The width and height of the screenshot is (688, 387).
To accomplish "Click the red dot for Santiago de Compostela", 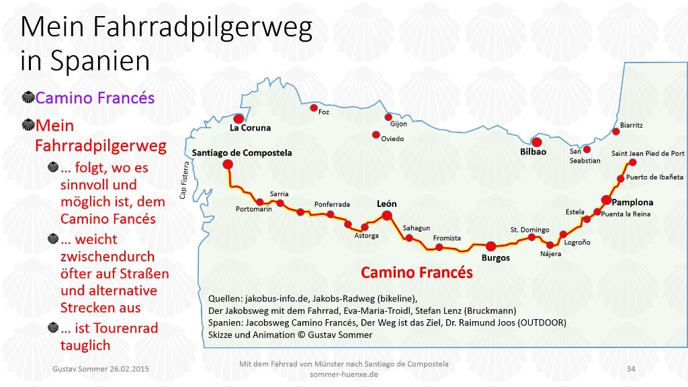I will tap(228, 164).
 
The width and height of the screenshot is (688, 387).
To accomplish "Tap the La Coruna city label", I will tap(250, 128).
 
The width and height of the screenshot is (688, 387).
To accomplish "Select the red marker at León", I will tap(387, 215).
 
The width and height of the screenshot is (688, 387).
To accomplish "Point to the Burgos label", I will tap(496, 258).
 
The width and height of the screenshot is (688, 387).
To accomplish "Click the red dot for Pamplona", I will tap(606, 200).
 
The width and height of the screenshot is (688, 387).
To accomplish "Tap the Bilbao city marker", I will tap(536, 142).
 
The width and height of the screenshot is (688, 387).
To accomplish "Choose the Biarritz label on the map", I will tap(631, 125).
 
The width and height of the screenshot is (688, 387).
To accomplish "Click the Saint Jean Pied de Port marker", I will tap(632, 162).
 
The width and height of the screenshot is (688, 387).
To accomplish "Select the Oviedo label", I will tap(392, 139).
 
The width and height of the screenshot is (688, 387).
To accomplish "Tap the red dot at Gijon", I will tap(388, 117).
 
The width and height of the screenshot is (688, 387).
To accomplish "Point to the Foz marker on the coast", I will tap(313, 107).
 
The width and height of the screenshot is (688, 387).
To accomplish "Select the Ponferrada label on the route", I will tap(332, 204).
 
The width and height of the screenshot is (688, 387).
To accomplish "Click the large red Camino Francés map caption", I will tap(417, 273).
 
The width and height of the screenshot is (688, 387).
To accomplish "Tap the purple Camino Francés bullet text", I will tap(95, 98).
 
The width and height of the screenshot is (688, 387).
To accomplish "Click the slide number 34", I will tap(630, 369).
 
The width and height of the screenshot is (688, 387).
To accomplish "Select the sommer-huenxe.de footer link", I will tap(343, 374).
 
